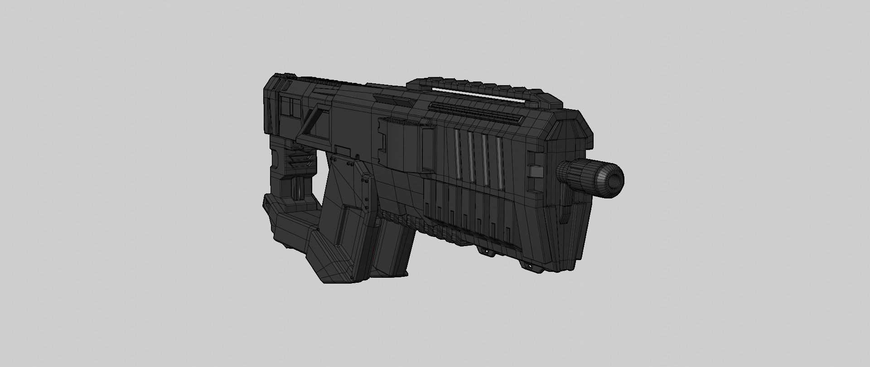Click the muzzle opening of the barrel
point(615,179)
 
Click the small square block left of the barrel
point(536,171)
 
